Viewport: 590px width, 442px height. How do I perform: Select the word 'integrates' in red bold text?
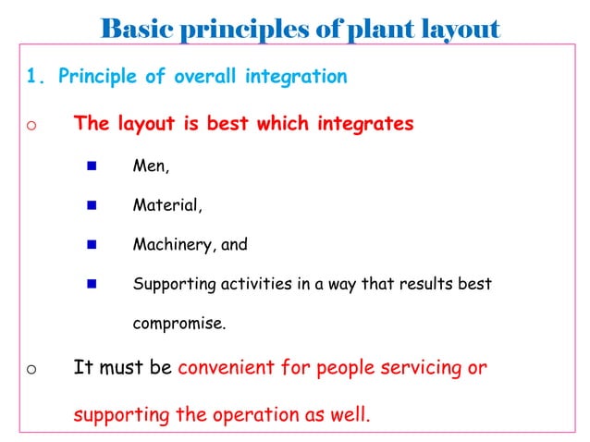365,124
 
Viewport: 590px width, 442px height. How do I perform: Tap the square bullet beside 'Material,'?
92,206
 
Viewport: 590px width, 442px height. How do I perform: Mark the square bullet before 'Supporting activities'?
92,284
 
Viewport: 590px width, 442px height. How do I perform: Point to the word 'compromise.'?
178,325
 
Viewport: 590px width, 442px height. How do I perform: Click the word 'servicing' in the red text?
418,368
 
